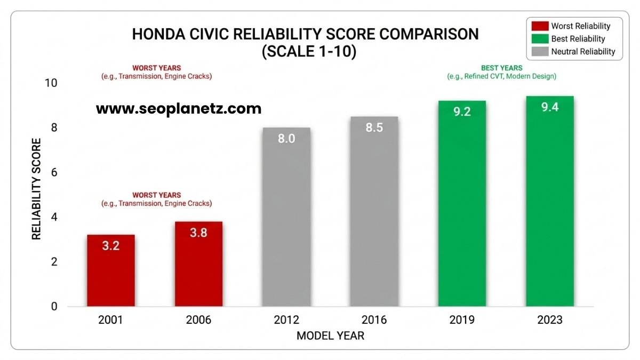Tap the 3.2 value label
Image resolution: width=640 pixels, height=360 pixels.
pyautogui.click(x=111, y=246)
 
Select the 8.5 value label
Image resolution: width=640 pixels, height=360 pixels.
pyautogui.click(x=374, y=128)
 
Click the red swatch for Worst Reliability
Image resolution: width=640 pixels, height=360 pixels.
pyautogui.click(x=539, y=26)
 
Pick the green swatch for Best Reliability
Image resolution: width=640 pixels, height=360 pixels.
pyautogui.click(x=539, y=39)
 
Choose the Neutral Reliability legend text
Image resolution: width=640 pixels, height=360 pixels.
pyautogui.click(x=583, y=52)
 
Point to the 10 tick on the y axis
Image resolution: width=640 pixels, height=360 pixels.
pyautogui.click(x=52, y=83)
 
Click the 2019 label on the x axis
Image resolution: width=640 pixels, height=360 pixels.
pyautogui.click(x=462, y=320)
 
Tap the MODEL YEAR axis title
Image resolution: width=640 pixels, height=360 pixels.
pyautogui.click(x=330, y=336)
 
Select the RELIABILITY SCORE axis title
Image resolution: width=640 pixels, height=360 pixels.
pyautogui.click(x=36, y=189)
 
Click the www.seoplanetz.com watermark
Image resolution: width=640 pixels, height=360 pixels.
pyautogui.click(x=179, y=109)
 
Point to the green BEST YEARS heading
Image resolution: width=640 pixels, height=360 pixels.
pyautogui.click(x=501, y=68)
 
